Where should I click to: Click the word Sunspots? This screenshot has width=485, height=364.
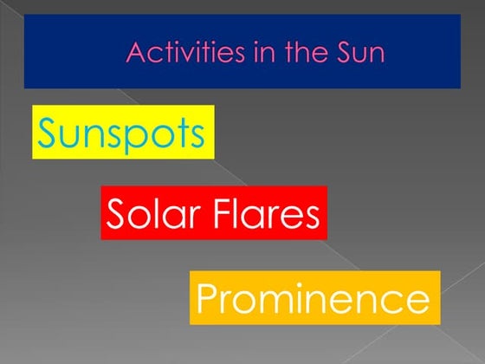(122, 133)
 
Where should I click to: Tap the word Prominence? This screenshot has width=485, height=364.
(313, 299)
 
